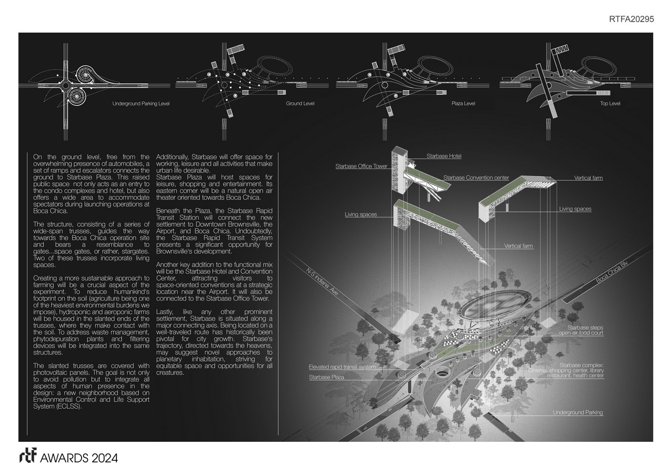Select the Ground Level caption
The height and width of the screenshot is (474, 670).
300,104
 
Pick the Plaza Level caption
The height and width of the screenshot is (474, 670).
463,104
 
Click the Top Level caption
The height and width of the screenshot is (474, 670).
610,104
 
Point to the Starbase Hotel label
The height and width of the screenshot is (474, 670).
444,156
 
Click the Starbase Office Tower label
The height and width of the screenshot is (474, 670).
362,167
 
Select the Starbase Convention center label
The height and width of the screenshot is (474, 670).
476,178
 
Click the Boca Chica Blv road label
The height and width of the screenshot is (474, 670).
612,273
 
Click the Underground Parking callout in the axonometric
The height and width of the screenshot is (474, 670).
577,412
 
